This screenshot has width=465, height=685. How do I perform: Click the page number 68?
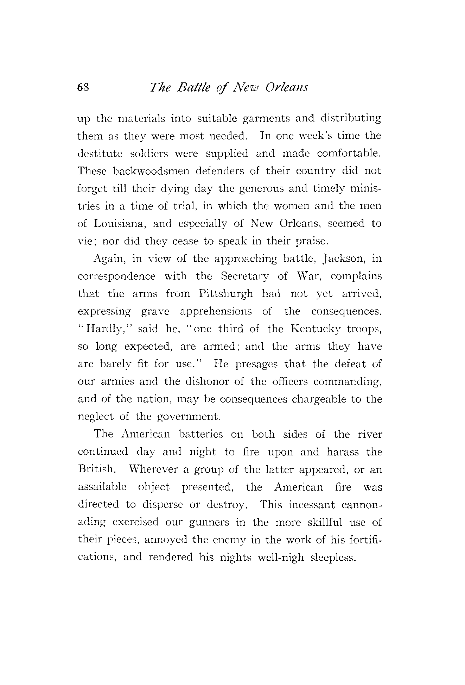coord(84,87)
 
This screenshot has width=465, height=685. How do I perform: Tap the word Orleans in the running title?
coord(287,87)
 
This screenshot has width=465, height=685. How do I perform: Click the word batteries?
coord(201,434)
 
